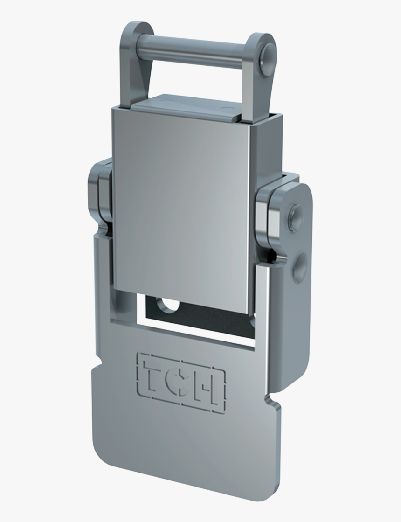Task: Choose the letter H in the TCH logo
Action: pyautogui.click(x=208, y=387)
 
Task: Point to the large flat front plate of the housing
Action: pyautogui.click(x=182, y=205)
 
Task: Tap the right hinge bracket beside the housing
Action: pyautogui.click(x=270, y=215)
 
